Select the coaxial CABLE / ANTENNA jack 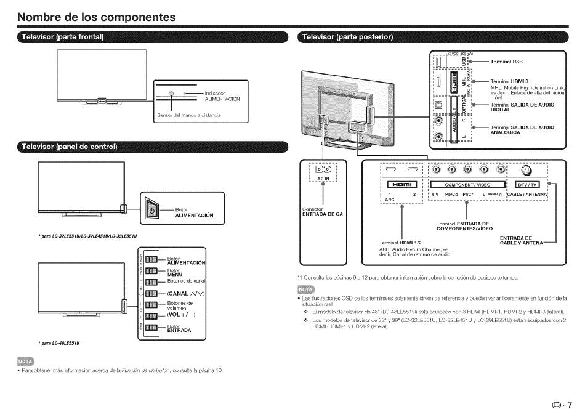point(526,170)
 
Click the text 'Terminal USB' point(506,62)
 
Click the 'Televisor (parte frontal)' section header point(63,38)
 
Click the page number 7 point(578,404)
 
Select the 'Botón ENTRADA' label point(179,328)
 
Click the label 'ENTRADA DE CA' point(323,214)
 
